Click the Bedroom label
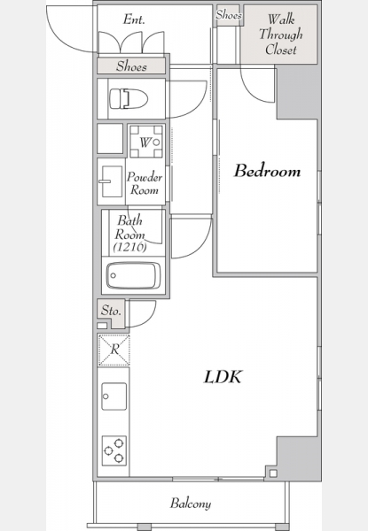pos(267,171)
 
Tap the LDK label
pos(223,377)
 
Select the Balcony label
pos(191,504)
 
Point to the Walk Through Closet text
pos(280,35)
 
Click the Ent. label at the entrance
pos(134,19)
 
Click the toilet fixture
pos(129,98)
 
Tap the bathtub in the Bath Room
pos(133,275)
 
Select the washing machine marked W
pos(146,142)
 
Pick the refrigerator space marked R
pos(114,350)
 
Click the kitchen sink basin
pos(114,396)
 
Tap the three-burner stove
pos(114,450)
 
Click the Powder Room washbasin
pos(112,181)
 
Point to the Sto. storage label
pos(111,311)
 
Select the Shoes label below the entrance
pos(131,66)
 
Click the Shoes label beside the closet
pos(229,15)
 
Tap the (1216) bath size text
pos(129,247)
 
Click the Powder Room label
pos(145,183)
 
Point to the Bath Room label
pos(129,227)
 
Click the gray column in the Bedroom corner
pos(297,91)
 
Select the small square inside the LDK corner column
pos(273,473)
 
